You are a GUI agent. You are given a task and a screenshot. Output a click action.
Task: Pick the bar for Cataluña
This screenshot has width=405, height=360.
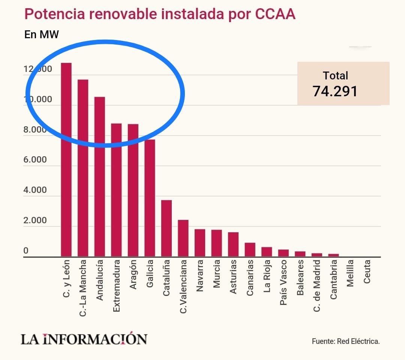[x=166, y=228]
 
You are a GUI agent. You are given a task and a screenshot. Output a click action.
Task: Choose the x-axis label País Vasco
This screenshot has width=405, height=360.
[x=283, y=282]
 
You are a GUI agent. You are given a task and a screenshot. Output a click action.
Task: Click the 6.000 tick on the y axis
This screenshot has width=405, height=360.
[x=35, y=160]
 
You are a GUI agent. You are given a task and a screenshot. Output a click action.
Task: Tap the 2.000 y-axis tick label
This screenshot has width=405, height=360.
[x=35, y=221]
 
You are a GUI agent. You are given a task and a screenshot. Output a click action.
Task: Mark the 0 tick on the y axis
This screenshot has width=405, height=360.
[x=26, y=251]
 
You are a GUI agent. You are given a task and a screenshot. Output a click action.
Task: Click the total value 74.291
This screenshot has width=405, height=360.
[x=335, y=91]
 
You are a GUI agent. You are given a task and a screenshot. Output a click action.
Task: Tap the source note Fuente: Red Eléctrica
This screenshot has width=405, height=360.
[x=346, y=341]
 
